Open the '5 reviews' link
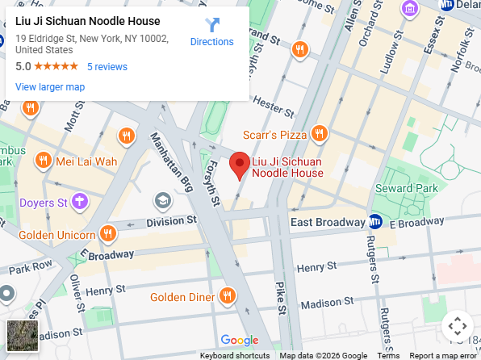point(107,66)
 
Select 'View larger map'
point(50,86)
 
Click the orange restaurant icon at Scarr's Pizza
point(320,133)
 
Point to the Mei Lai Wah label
point(86,161)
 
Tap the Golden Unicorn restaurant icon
point(108,234)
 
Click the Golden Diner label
point(182,297)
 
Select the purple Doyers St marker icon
point(79,201)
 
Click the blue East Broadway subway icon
point(375,222)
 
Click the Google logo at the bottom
point(239,341)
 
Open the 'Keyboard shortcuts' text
point(235,355)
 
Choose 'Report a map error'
point(443,355)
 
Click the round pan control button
point(457,326)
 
